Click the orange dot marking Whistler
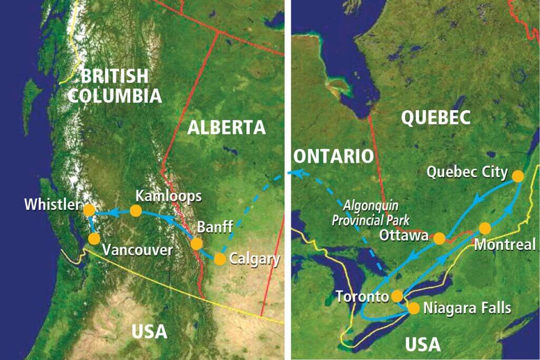click(x=89, y=210)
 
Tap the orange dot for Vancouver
click(x=94, y=239)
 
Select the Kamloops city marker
click(x=136, y=211)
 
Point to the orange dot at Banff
click(x=196, y=244)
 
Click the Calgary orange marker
click(x=220, y=259)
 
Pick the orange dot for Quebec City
click(x=518, y=176)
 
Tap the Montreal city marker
click(x=485, y=228)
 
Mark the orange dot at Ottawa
click(x=439, y=238)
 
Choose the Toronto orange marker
click(x=397, y=296)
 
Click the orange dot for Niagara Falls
click(x=414, y=308)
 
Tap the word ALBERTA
click(x=226, y=127)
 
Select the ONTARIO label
click(x=333, y=156)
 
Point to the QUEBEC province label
click(x=436, y=118)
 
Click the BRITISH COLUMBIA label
click(x=114, y=85)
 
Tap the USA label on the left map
click(x=149, y=332)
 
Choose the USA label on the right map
click(x=422, y=344)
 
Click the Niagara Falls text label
click(x=467, y=308)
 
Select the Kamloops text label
click(x=168, y=196)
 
